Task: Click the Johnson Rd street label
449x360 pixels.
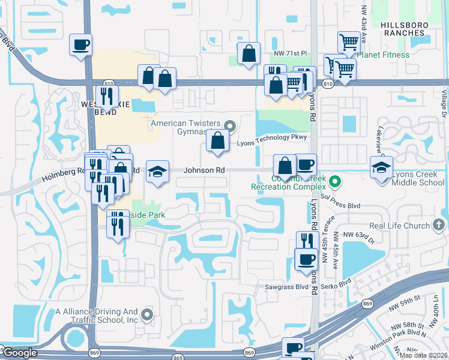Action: pos(204,170)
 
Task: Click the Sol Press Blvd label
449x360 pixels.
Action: pos(342,206)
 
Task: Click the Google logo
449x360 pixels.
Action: pos(19,353)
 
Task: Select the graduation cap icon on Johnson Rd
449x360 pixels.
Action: pos(157,172)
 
